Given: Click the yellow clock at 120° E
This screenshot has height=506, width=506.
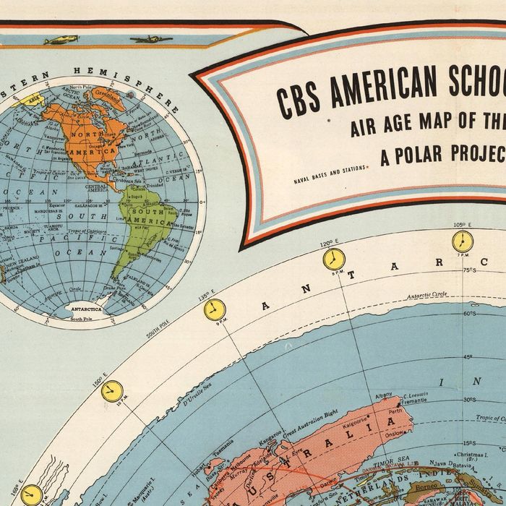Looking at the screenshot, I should pyautogui.click(x=333, y=260).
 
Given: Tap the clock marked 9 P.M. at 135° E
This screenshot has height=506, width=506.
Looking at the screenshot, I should pyautogui.click(x=214, y=310).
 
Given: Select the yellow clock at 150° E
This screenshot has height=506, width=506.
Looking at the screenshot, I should pyautogui.click(x=111, y=391).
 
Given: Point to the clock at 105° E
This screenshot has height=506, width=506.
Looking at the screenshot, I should pyautogui.click(x=463, y=241).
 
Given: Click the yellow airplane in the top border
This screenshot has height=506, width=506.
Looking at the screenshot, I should pyautogui.click(x=61, y=40).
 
